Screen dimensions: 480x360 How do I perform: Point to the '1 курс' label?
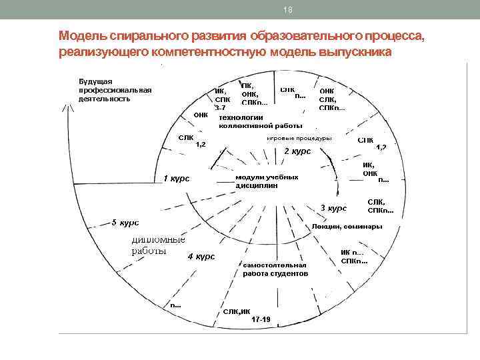pos(177,179)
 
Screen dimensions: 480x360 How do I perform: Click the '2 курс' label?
pos(297,151)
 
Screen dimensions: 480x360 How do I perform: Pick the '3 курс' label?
pos(333,208)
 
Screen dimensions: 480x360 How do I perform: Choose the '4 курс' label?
pos(201,257)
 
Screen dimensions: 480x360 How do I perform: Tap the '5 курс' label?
pos(125,222)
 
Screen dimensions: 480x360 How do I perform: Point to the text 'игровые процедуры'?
pos(299,139)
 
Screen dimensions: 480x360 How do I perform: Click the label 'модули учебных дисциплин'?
pos(267,181)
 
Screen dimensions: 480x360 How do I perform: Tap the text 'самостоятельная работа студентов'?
pos(275,269)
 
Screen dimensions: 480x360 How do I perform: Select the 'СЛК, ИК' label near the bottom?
pos(237,311)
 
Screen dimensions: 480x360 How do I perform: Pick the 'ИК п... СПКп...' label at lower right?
pos(353,256)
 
